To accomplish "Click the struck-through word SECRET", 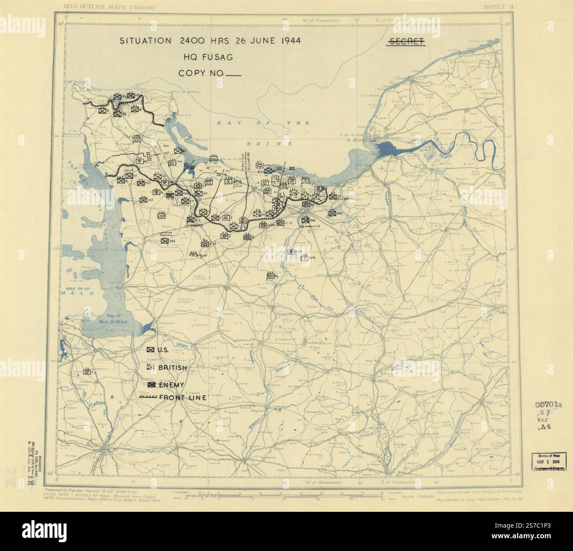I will click(406, 41).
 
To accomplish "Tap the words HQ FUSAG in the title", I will click(209, 57).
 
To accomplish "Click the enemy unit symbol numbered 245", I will click(164, 241).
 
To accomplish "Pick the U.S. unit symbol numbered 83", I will click(177, 151).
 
